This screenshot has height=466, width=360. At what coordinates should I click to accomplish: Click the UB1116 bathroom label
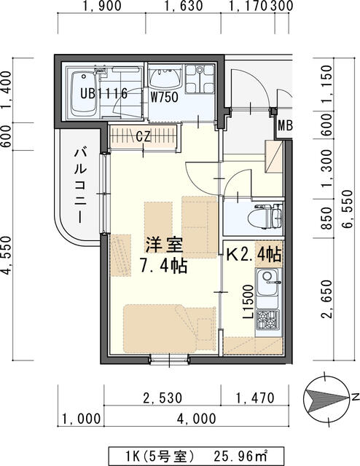click(x=104, y=94)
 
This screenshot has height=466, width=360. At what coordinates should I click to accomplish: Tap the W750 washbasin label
click(x=165, y=95)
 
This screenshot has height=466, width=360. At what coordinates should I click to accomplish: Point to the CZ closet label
click(x=144, y=135)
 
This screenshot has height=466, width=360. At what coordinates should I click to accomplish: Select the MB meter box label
click(x=285, y=126)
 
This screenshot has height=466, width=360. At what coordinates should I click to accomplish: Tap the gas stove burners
click(x=267, y=318)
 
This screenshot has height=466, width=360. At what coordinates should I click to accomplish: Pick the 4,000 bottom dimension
click(x=195, y=419)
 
